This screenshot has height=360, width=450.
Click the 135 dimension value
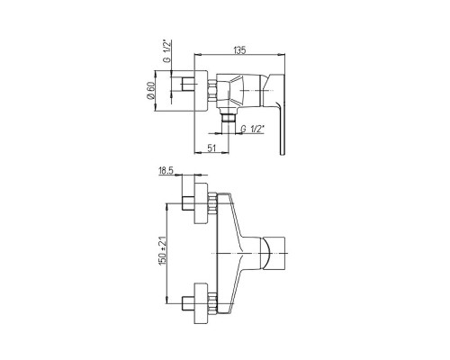(240, 50)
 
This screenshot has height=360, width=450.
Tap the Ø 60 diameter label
(150, 90)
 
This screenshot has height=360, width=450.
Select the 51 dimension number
(211, 148)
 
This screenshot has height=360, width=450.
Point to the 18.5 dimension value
(166, 171)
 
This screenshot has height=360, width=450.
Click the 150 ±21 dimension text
(162, 251)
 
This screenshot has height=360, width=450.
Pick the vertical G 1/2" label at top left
(167, 50)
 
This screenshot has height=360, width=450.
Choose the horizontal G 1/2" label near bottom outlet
(253, 129)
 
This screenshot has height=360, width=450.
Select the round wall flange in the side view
(201, 91)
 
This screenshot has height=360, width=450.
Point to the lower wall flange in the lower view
(201, 303)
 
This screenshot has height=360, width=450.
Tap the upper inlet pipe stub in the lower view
(188, 203)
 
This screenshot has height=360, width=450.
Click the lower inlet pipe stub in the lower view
(188, 303)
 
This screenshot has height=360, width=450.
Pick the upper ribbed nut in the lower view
(211, 203)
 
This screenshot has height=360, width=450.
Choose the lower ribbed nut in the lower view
(211, 303)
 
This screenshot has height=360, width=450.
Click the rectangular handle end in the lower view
(274, 254)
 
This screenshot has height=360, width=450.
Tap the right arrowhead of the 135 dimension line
(282, 55)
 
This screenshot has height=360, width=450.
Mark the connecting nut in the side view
(211, 91)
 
